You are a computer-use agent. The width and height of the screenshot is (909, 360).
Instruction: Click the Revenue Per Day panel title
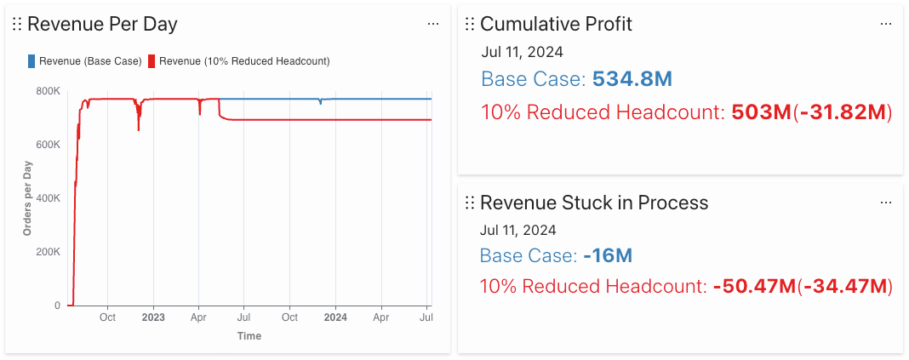[x=102, y=24]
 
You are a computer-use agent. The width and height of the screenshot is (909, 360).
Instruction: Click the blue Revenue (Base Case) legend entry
[x=84, y=61]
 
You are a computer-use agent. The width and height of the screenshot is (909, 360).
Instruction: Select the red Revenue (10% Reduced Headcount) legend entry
[x=238, y=61]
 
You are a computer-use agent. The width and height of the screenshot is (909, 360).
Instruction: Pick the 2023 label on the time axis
[x=153, y=318]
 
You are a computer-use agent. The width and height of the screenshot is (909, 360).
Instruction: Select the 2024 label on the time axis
[x=335, y=318]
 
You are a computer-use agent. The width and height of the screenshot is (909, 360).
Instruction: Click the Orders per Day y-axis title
[x=27, y=197]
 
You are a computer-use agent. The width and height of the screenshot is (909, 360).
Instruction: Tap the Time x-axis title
[x=249, y=336]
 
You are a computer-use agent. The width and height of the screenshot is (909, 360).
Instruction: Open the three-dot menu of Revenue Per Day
[x=433, y=24]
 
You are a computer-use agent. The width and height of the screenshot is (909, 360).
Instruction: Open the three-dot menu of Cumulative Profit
[x=886, y=24]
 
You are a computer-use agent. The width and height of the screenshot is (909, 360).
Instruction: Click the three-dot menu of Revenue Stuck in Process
[x=886, y=203]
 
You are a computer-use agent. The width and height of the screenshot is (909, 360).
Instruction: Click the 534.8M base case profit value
[x=632, y=80]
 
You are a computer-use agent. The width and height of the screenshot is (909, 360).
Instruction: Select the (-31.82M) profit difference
[x=842, y=112]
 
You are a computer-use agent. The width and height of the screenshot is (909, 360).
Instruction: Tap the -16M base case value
[x=608, y=255]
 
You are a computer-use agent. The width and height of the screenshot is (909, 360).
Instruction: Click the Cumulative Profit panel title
[x=556, y=24]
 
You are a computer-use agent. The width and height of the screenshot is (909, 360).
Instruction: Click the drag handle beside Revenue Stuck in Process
[x=469, y=203]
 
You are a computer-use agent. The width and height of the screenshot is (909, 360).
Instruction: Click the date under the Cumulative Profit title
[x=522, y=52]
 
